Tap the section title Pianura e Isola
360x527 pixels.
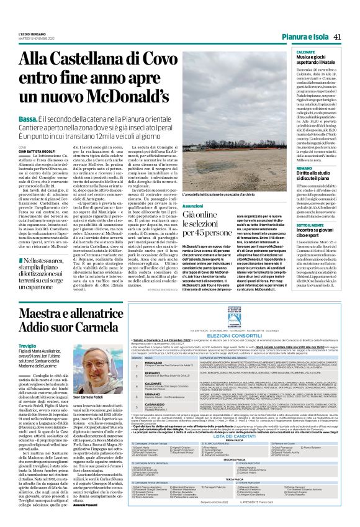tap(305, 37)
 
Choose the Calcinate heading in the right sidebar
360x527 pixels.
tap(308, 53)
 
